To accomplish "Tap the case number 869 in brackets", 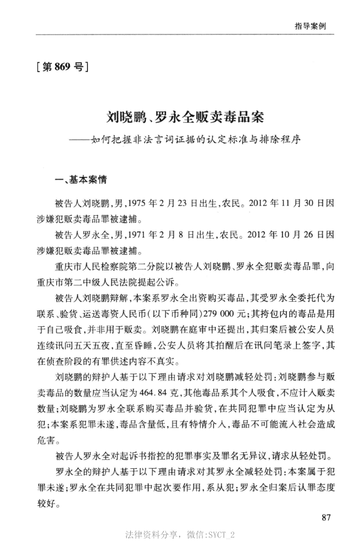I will point(63,70).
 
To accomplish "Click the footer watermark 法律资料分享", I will point(152,534).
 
